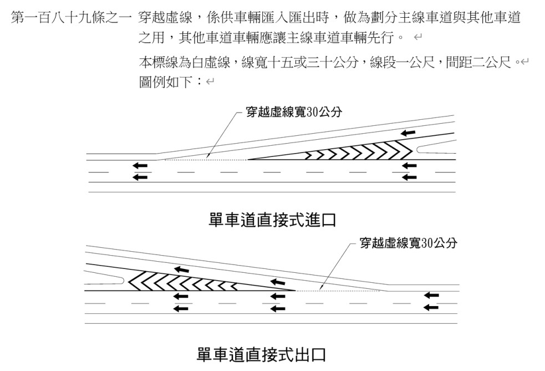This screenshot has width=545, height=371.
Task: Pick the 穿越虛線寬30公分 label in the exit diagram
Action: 409,243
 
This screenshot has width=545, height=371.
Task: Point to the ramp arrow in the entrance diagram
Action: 408,133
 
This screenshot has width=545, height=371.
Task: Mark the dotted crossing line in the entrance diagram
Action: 205,160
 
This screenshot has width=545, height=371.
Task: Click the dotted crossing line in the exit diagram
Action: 338,290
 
